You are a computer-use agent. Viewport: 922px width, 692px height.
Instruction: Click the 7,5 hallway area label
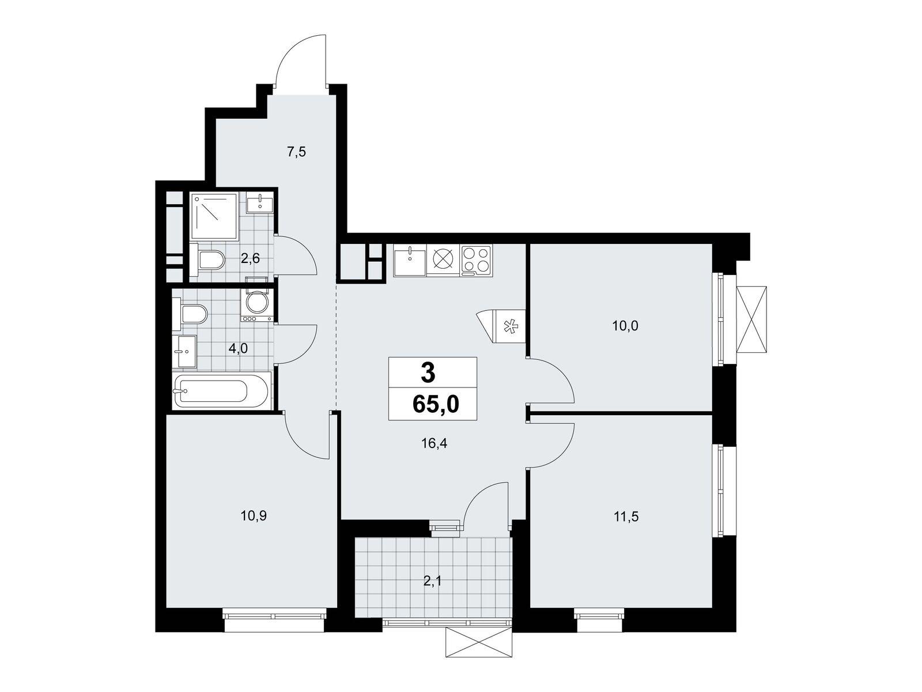point(296,152)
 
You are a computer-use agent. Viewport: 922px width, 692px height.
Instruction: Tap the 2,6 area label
point(250,258)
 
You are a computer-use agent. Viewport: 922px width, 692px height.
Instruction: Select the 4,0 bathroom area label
point(238,348)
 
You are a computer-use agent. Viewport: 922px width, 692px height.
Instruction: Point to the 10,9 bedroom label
point(254,516)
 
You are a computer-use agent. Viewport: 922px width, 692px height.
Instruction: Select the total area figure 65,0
point(436,404)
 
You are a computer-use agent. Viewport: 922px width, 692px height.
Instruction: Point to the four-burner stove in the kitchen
point(476,261)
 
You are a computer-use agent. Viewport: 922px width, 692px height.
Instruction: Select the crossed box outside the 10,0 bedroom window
point(752,319)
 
